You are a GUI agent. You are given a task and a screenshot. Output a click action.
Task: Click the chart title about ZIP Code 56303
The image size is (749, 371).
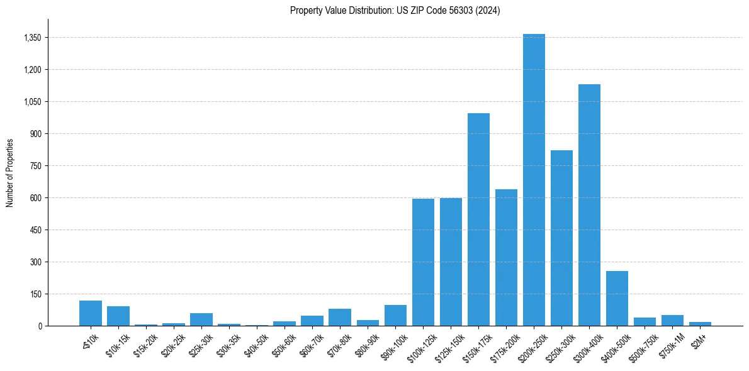coord(395,11)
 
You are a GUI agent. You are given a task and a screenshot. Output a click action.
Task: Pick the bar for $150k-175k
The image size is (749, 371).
coord(478,219)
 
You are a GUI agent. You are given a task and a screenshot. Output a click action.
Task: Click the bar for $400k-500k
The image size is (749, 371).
coord(617,298)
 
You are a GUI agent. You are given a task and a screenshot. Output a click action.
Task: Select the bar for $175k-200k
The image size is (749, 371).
coord(506,257)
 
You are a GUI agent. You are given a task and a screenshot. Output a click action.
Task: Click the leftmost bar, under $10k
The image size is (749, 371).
coord(91,313)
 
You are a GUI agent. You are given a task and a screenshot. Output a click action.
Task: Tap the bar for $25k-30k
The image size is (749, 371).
coord(201,319)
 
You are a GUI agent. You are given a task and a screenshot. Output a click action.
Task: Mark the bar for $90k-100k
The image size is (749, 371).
coord(395,315)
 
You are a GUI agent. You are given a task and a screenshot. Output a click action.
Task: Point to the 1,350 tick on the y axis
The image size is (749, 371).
coord(32,38)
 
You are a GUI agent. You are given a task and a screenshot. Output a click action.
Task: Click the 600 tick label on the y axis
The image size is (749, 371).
coord(35,198)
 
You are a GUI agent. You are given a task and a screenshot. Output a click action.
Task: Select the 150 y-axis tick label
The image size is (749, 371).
coord(35,294)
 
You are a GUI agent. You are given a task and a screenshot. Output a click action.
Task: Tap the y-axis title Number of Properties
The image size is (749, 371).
coord(10,172)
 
